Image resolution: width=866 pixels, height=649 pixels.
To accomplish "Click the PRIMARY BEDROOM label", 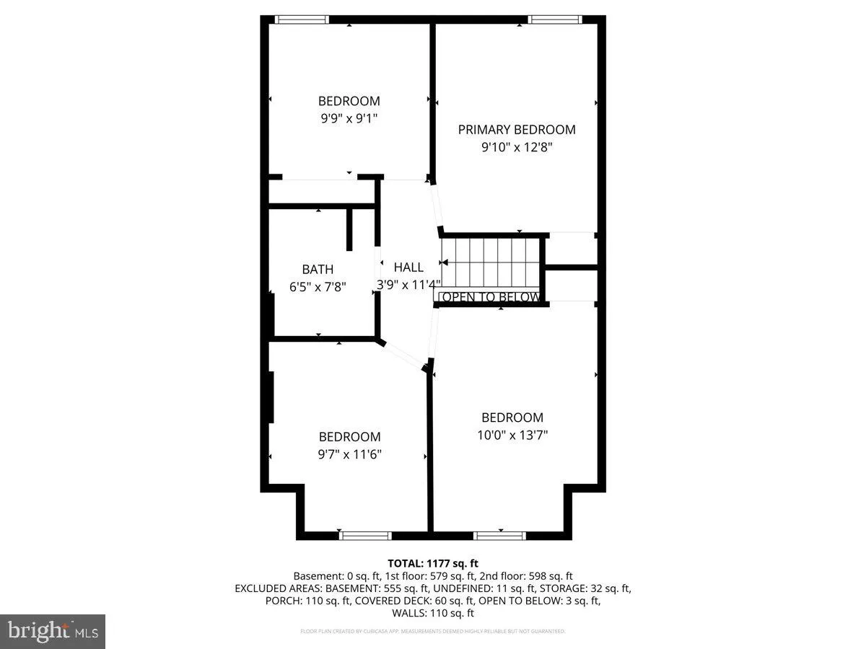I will (x=517, y=130).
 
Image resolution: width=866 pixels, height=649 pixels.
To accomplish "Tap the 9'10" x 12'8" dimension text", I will (x=517, y=148).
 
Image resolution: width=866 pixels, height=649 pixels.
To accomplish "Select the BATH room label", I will (x=318, y=269).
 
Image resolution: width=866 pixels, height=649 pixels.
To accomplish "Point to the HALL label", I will (x=408, y=267).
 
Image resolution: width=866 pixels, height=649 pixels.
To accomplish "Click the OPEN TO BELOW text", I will (x=491, y=297).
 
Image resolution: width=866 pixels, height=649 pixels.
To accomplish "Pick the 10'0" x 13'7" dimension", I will (x=512, y=435).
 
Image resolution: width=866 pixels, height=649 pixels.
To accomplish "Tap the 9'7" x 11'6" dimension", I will (x=350, y=454).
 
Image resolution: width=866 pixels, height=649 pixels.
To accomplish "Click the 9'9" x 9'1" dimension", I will (x=349, y=119).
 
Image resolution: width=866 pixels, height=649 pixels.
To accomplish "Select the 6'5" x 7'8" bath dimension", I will (x=318, y=286).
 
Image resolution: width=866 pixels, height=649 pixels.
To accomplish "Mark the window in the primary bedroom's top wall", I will (x=554, y=19).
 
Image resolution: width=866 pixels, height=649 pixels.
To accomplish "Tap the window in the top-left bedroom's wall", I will (x=302, y=19).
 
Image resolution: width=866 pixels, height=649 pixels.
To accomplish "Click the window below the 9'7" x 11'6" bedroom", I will (x=365, y=535).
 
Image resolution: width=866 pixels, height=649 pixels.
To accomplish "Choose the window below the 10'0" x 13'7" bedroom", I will (x=499, y=535).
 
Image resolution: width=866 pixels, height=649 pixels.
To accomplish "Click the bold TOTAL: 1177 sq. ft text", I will (x=433, y=563).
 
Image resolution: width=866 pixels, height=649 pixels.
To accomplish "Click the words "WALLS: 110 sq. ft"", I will (x=433, y=613).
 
